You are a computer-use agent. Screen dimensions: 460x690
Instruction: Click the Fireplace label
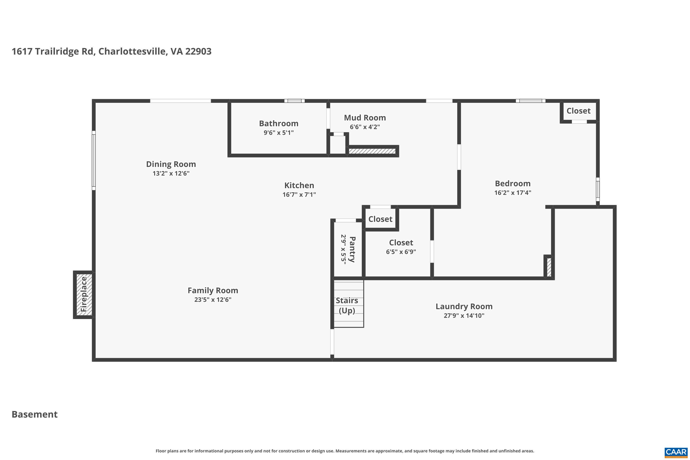[84, 294]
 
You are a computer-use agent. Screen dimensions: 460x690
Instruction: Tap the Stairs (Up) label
[347, 305]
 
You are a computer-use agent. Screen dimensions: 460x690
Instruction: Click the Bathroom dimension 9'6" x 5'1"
[278, 133]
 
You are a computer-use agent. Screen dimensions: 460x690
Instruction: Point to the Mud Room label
[365, 118]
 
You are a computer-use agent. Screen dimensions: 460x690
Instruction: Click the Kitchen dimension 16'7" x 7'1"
[299, 195]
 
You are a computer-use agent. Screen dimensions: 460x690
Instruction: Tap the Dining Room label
[171, 164]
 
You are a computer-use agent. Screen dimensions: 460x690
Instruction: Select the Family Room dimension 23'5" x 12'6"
[213, 299]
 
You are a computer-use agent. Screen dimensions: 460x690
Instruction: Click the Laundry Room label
[464, 306]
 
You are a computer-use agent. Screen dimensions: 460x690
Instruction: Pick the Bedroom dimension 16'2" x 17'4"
[512, 193]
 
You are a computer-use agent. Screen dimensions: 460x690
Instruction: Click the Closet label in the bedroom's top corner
[578, 111]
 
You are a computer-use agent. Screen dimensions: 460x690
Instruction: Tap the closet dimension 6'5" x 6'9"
[401, 252]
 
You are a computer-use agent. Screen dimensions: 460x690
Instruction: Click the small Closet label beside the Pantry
[380, 219]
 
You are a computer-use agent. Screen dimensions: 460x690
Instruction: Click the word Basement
[35, 414]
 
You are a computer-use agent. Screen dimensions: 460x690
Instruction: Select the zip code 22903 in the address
[198, 51]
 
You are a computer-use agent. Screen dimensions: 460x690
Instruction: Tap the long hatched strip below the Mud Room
[372, 151]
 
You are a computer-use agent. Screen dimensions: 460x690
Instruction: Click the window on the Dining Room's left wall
[94, 160]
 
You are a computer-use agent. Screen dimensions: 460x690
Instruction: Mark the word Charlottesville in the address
[133, 51]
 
